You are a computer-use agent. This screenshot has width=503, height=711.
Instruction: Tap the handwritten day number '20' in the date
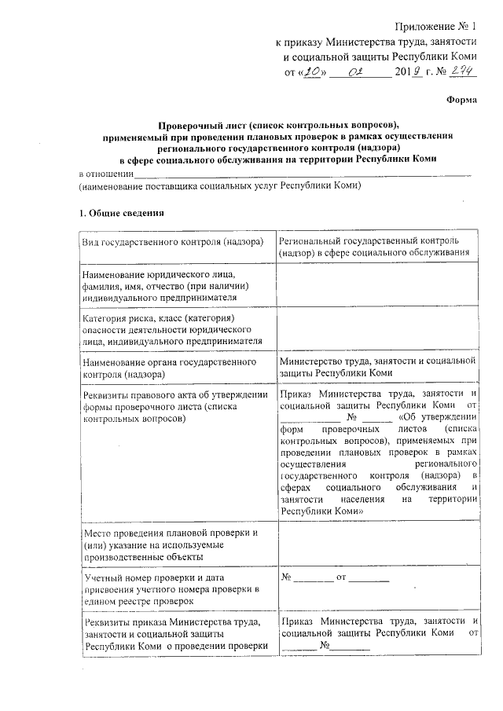[314, 72]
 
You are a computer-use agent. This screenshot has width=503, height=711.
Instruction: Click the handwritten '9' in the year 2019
[420, 72]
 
